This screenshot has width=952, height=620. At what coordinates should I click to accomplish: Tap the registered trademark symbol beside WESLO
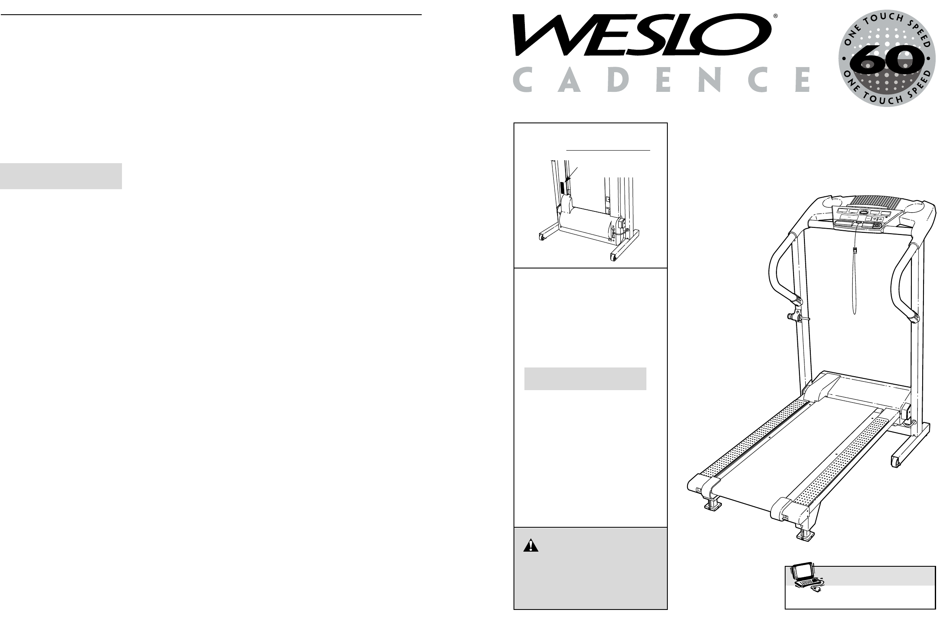point(776,17)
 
